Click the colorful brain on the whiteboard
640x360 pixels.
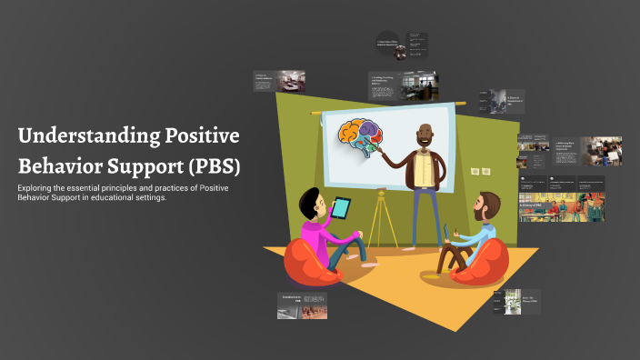tap(360, 139)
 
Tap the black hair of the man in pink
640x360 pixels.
tap(309, 197)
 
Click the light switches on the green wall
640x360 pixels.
tap(479, 171)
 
